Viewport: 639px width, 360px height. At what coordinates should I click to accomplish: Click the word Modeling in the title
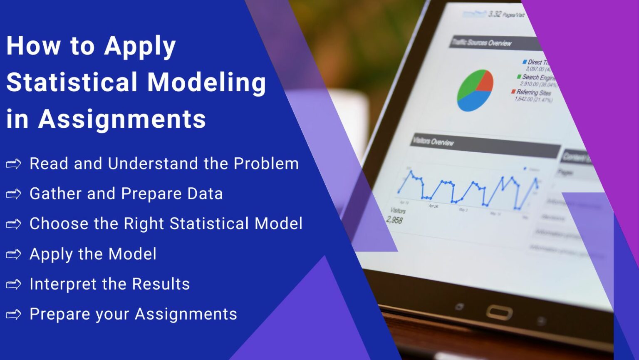pos(207,82)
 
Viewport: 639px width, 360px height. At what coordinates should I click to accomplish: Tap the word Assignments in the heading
pos(122,119)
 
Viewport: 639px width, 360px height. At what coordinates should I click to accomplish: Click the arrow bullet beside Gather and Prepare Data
pos(14,194)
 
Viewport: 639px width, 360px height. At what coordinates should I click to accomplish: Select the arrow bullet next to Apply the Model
pos(14,254)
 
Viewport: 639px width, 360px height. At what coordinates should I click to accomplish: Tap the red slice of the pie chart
pos(485,82)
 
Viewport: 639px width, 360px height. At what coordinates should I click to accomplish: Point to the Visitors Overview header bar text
pos(433,142)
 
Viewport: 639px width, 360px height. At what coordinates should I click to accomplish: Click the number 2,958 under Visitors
pos(394,219)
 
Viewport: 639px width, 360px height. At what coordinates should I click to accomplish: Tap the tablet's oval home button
pos(499,312)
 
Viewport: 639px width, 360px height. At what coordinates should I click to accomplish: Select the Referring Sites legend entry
pos(533,92)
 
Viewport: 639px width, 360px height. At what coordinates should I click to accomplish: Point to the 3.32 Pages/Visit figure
pos(506,15)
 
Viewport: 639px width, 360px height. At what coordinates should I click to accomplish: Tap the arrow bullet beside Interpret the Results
pos(14,284)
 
